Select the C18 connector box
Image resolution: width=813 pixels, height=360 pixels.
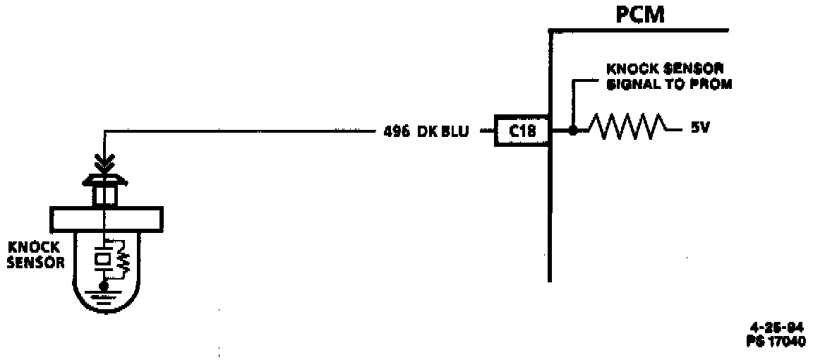(x=522, y=131)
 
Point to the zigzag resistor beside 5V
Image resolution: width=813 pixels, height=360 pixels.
(x=626, y=129)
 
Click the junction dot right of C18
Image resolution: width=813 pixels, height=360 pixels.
(x=572, y=131)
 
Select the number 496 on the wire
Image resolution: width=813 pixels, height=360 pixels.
(x=397, y=131)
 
